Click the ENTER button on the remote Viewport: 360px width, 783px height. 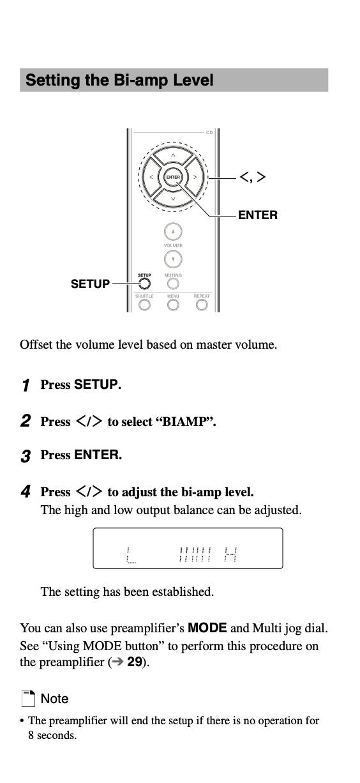click(173, 177)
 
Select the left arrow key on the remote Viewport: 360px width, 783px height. click(151, 177)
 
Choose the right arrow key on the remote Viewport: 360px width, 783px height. click(195, 177)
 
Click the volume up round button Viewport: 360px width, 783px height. click(173, 231)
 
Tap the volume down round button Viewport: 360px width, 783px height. click(173, 259)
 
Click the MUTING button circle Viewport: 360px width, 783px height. click(173, 284)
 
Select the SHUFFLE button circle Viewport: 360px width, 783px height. click(144, 305)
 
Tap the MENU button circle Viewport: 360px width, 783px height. click(173, 305)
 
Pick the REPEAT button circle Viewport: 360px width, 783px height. click(202, 305)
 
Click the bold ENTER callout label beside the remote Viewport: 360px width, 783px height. click(258, 215)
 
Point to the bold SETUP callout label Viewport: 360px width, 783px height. click(90, 284)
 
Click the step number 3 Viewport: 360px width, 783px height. click(26, 456)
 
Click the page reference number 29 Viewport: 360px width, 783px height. click(134, 662)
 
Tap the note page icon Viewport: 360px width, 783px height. click(28, 699)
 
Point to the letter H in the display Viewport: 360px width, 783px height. click(230, 554)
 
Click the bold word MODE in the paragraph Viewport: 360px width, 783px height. click(207, 628)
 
